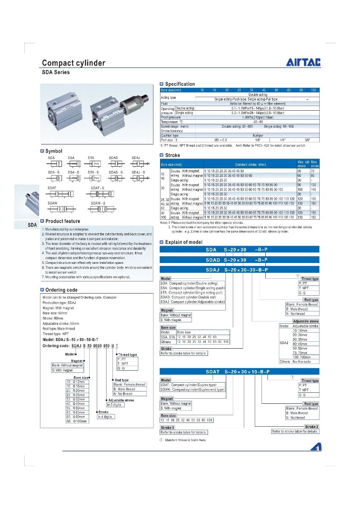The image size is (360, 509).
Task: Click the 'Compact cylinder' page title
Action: (73, 63)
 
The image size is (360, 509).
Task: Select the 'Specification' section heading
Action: (180, 84)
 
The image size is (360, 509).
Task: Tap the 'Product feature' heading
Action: (62, 221)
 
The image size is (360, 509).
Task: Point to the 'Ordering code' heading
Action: (61, 290)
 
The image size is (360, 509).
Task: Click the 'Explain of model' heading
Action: (183, 242)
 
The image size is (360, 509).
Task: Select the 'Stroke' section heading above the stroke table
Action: (172, 155)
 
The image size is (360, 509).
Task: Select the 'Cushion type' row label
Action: (170, 135)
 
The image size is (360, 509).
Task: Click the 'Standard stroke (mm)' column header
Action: (250, 164)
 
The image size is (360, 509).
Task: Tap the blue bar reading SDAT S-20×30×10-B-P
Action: (239, 372)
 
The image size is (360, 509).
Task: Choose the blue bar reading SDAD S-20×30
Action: (239, 259)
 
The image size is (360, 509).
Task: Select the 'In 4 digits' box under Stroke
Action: (106, 417)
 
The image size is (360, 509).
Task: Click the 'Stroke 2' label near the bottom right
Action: (312, 426)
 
